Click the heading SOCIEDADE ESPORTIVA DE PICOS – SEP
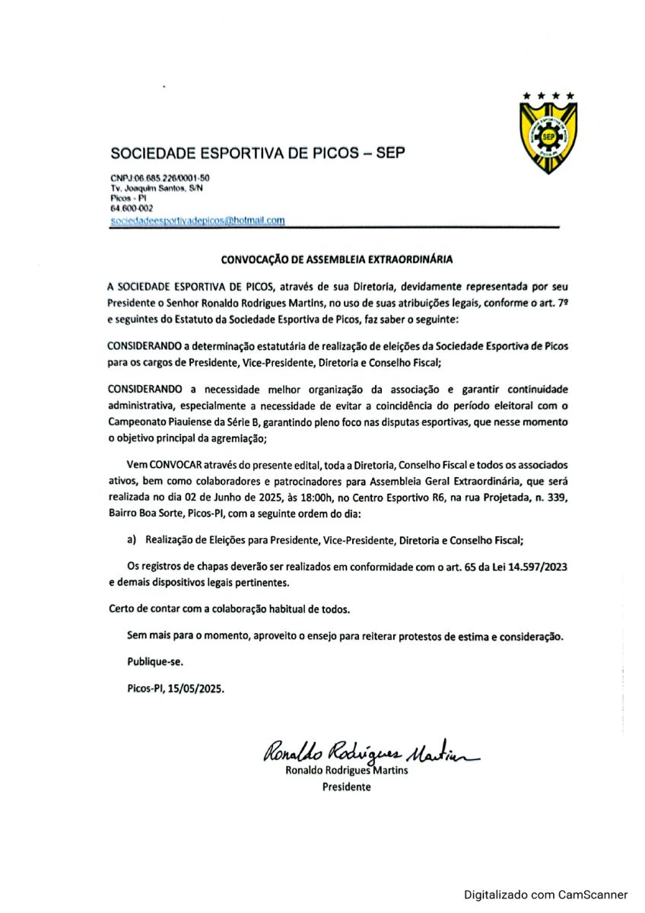pyautogui.click(x=258, y=153)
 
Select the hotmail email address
pyautogui.click(x=198, y=221)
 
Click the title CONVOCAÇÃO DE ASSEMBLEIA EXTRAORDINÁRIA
pyautogui.click(x=336, y=259)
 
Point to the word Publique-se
pyautogui.click(x=155, y=660)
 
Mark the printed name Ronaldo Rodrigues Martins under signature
pyautogui.click(x=346, y=770)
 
